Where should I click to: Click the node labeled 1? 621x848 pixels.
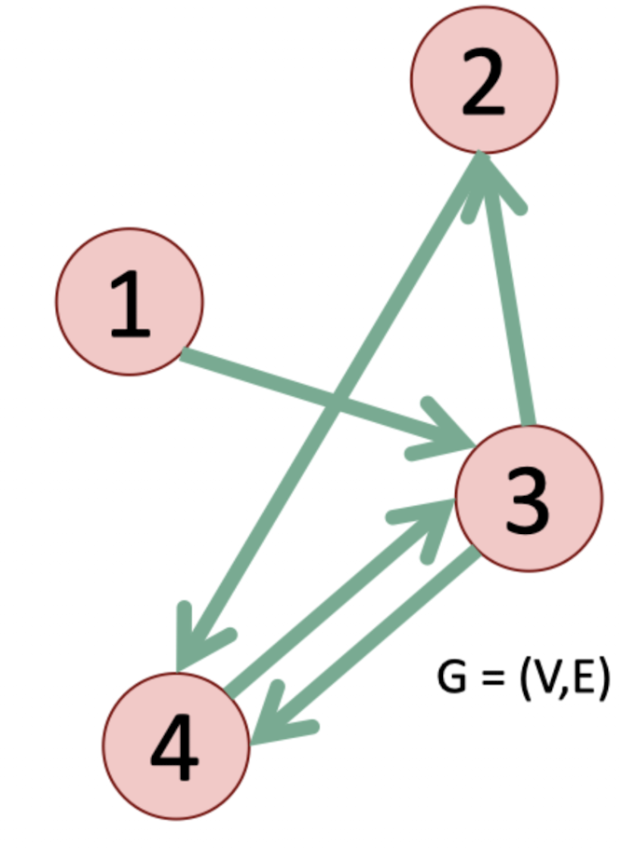point(130,303)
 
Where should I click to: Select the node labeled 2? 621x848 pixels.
point(483,78)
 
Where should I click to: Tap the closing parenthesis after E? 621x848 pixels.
point(604,678)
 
